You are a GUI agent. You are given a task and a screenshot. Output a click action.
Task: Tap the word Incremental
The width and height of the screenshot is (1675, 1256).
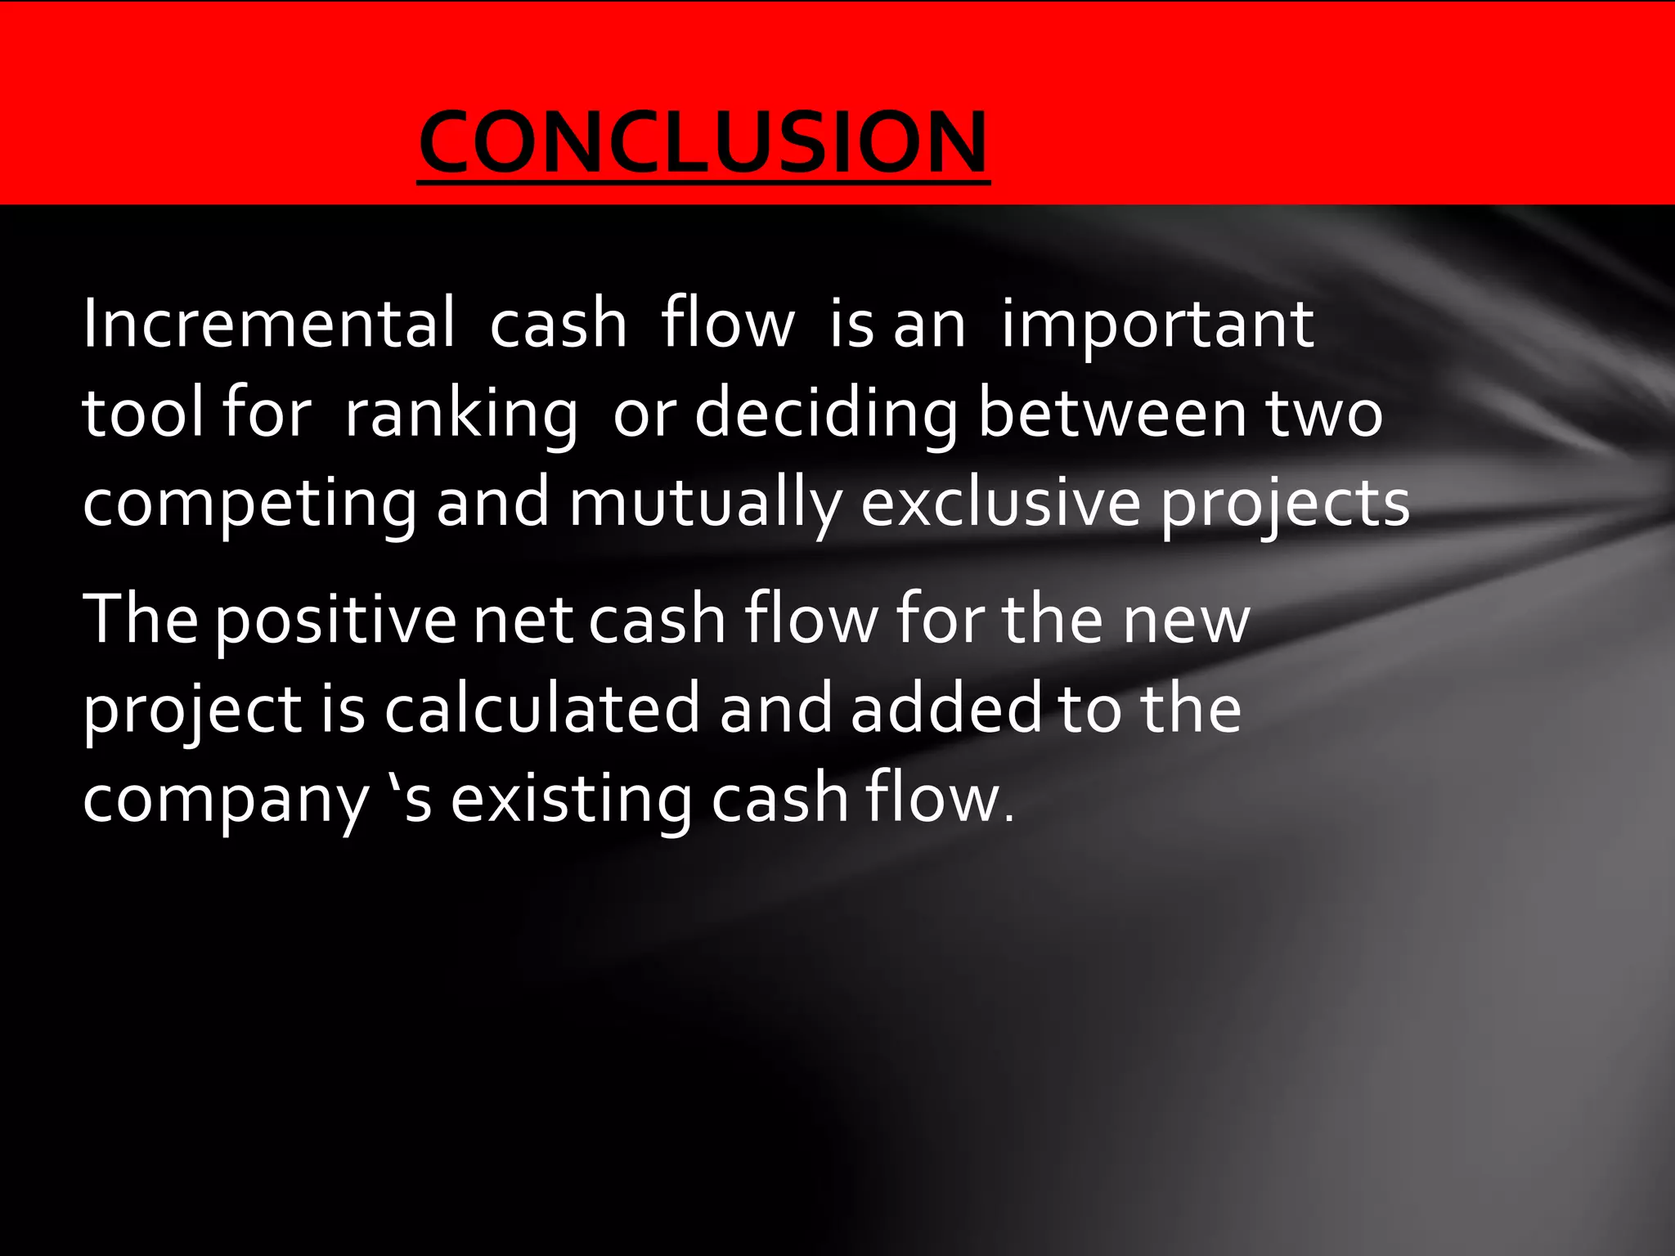(x=268, y=324)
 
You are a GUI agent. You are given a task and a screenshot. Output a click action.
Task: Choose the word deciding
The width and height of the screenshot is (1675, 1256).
(x=826, y=413)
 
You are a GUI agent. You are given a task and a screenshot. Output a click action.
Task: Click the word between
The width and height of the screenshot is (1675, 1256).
(x=1112, y=413)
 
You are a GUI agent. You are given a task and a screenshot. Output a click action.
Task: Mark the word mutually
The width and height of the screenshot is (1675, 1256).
(x=704, y=504)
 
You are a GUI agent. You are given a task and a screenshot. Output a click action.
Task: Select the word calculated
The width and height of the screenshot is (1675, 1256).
(x=542, y=708)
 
